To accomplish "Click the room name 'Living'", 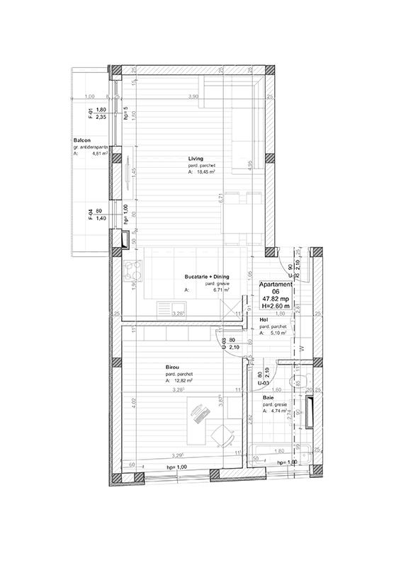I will [x=196, y=158].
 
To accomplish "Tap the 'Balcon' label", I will [x=81, y=140].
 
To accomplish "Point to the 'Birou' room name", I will [x=171, y=367].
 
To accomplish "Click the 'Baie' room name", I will [x=269, y=398].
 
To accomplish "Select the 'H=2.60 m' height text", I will [x=274, y=305].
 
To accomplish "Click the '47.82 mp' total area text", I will [x=274, y=298].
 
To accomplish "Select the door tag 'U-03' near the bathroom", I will [x=264, y=383].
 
